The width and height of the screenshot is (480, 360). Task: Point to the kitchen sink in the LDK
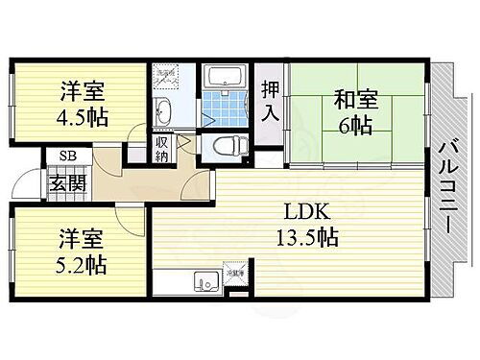point(204,282)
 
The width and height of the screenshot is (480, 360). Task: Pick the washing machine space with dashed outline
point(167,77)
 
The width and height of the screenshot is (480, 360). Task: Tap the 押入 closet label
point(270,101)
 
